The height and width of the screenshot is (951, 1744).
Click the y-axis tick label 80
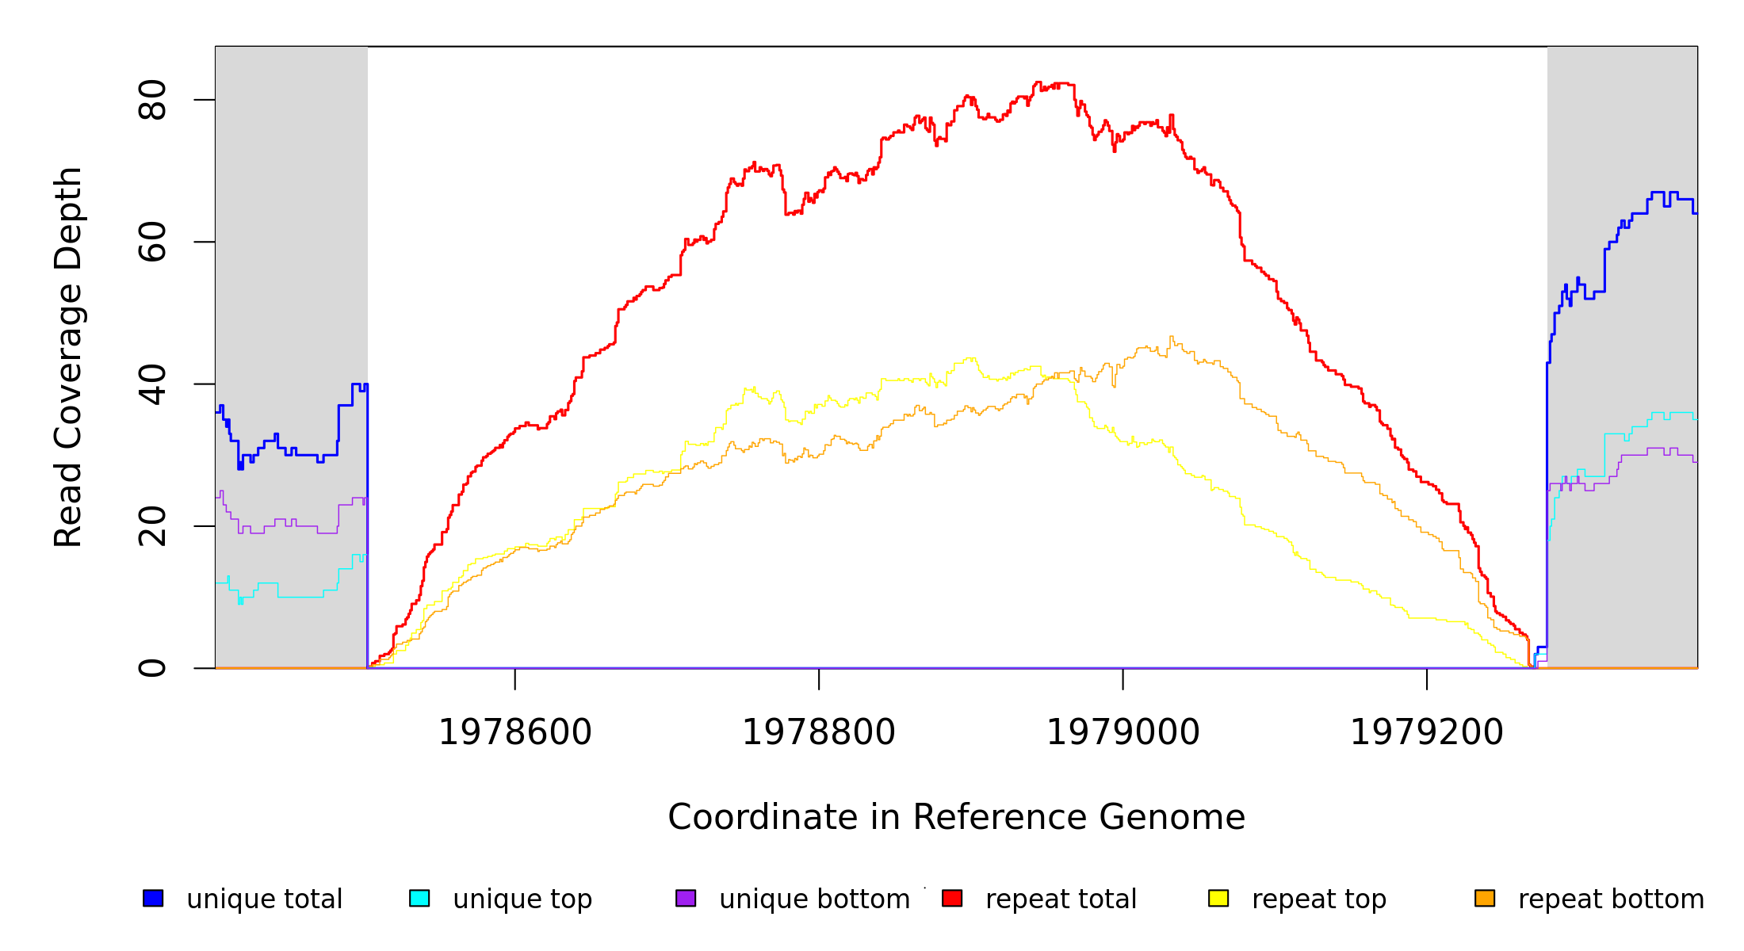tap(152, 100)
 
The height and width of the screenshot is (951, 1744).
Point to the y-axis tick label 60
tap(152, 242)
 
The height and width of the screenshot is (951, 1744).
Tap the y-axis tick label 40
tap(152, 384)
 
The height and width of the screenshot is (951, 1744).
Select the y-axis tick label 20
tap(152, 526)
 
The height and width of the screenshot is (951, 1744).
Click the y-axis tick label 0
tap(152, 668)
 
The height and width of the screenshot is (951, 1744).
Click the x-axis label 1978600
tap(515, 732)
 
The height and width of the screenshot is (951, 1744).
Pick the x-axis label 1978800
tap(819, 732)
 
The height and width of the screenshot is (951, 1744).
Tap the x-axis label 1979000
tap(1123, 732)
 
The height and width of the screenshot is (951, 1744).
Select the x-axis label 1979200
tap(1427, 732)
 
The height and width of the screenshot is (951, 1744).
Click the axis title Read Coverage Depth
tap(68, 357)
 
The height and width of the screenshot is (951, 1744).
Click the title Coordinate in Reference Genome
tap(956, 817)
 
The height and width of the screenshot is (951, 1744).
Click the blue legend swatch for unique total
tap(153, 899)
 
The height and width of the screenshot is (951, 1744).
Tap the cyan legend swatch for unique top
tap(419, 899)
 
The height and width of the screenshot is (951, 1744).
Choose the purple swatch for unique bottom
tap(686, 899)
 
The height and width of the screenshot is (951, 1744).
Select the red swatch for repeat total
tap(952, 899)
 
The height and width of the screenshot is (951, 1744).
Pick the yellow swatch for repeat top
tap(1218, 899)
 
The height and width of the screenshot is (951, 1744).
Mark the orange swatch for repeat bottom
tap(1485, 899)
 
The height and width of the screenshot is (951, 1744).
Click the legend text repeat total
tap(1061, 899)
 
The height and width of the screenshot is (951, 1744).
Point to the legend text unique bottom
tap(814, 899)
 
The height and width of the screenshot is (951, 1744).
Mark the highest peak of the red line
tap(1038, 82)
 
